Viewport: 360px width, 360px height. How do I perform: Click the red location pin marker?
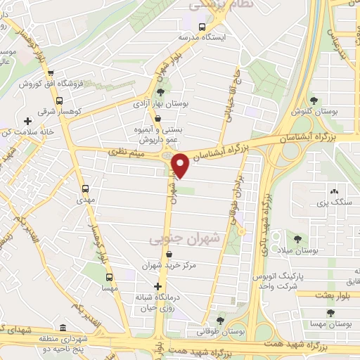(180, 166)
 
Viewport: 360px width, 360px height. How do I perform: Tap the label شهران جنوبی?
(184, 240)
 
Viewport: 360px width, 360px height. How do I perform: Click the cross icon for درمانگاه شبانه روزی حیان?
(157, 287)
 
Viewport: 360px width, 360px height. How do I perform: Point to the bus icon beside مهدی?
(85, 188)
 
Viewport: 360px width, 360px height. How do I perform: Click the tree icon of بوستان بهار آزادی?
(160, 91)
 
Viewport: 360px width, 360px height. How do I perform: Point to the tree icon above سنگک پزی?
(333, 191)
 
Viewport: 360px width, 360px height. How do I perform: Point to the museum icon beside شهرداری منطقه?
(63, 328)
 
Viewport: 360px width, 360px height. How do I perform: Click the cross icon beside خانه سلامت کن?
(27, 121)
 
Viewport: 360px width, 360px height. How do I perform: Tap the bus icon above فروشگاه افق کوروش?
(50, 72)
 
